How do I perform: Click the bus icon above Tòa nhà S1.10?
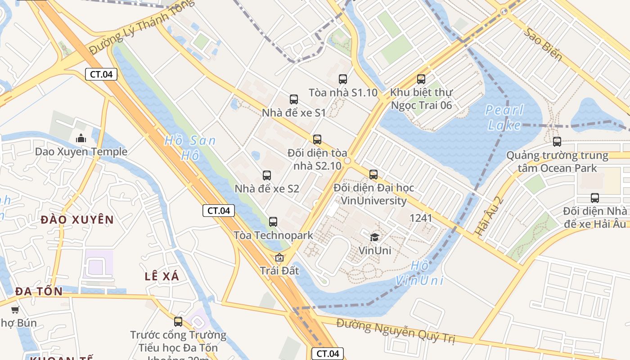click(x=343, y=79)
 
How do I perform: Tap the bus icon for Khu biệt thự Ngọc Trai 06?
click(x=421, y=79)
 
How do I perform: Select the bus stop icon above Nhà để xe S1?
click(x=294, y=99)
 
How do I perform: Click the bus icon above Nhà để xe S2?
click(x=267, y=175)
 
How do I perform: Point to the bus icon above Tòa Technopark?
click(x=273, y=221)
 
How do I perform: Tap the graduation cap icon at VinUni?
click(x=374, y=237)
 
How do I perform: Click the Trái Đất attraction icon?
click(x=279, y=257)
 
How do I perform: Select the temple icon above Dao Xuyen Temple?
click(x=81, y=138)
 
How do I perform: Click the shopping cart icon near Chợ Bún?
click(x=15, y=310)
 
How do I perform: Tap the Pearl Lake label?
click(x=504, y=117)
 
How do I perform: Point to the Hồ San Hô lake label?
click(x=190, y=148)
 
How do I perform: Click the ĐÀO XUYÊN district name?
click(x=77, y=220)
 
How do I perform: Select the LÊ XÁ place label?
click(x=162, y=276)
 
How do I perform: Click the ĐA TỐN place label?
click(x=39, y=291)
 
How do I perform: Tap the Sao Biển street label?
click(x=544, y=45)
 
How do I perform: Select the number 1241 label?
click(x=421, y=218)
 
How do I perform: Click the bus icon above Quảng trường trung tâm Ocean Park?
click(x=557, y=142)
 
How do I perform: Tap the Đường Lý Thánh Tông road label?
click(x=142, y=27)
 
